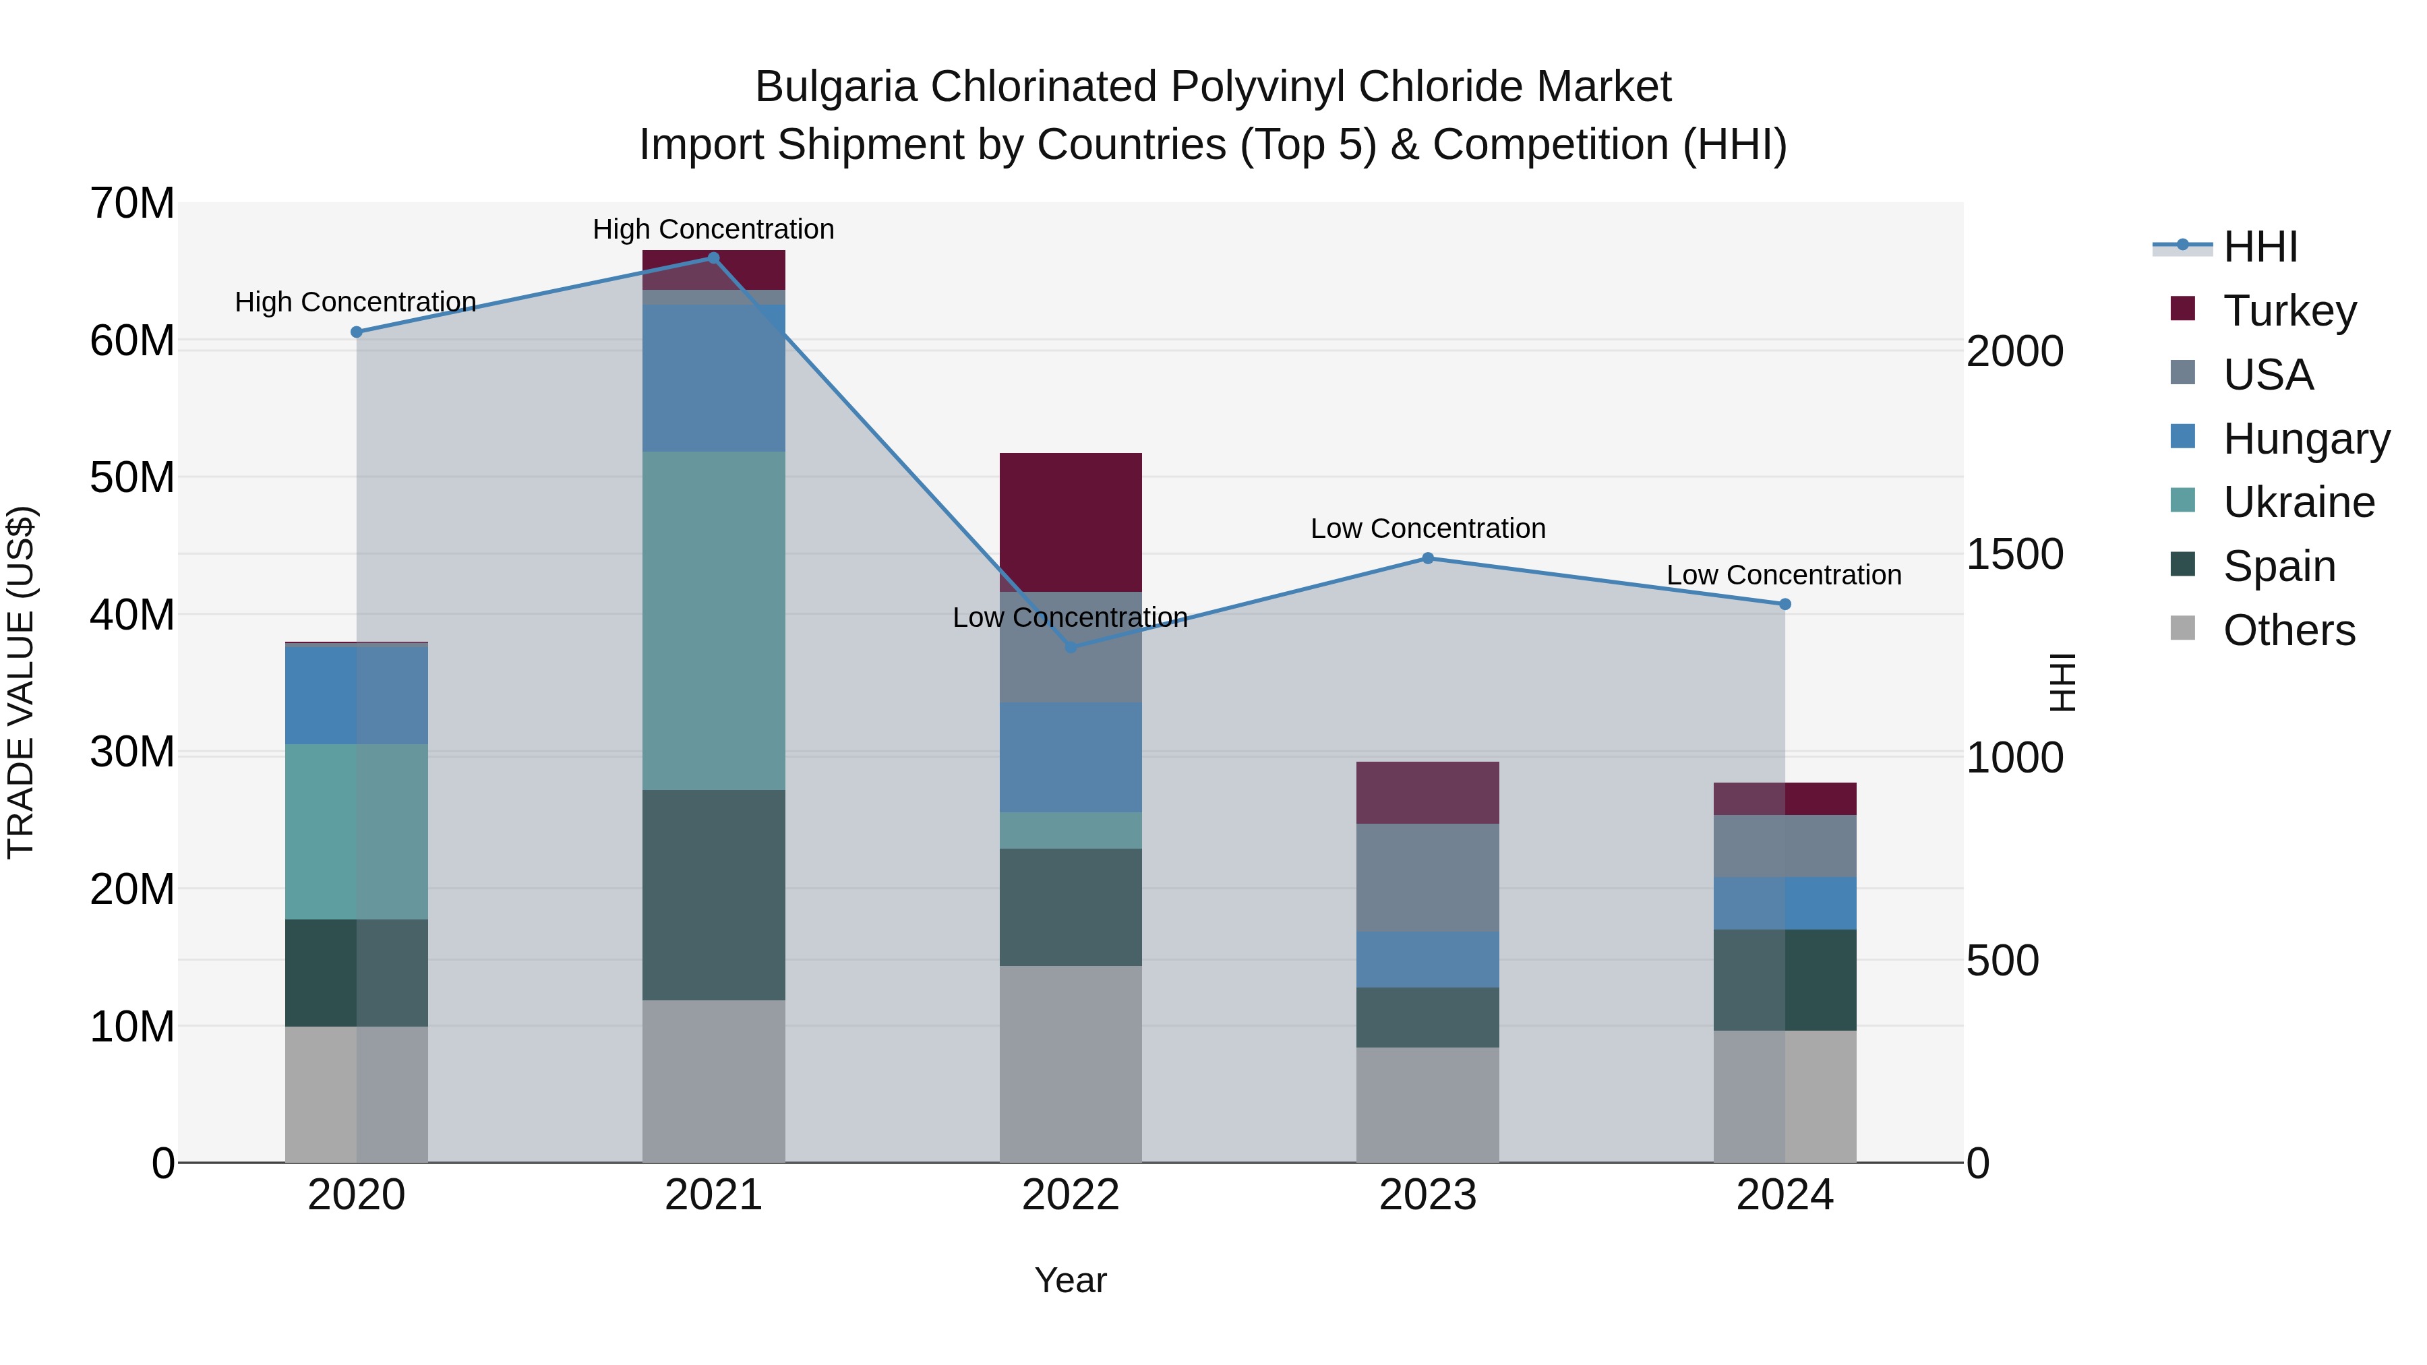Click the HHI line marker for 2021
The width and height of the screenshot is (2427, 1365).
coord(713,258)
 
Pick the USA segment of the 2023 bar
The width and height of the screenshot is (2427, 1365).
coord(1427,877)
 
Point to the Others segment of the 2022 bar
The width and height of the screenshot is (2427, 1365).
coord(1071,1064)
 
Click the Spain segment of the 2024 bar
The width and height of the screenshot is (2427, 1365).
coord(1785,979)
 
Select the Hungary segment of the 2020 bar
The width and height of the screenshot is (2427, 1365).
coord(356,695)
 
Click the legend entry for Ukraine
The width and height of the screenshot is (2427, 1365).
coord(2298,502)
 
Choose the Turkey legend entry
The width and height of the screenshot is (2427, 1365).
coord(2289,310)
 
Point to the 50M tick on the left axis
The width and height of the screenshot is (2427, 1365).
coord(132,478)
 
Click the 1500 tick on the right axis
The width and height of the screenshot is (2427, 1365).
coord(2014,554)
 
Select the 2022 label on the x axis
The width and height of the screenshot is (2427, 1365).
coord(1071,1195)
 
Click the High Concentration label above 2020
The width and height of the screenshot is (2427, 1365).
coord(355,301)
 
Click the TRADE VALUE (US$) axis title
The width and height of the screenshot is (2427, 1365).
coord(21,682)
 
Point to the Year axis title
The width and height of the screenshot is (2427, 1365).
coord(1071,1280)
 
